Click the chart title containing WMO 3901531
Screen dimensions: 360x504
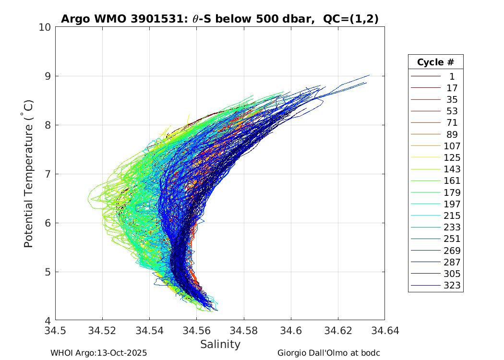click(x=220, y=19)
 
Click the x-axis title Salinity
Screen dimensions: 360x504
click(x=220, y=344)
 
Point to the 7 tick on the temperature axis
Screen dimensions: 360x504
click(x=48, y=174)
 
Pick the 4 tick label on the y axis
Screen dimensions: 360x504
click(x=48, y=321)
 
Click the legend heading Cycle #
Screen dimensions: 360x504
click(x=435, y=62)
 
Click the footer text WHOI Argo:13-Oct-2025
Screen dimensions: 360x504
click(x=98, y=353)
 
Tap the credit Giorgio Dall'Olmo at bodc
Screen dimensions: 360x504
click(x=329, y=353)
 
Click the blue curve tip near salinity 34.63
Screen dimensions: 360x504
click(x=369, y=75)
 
